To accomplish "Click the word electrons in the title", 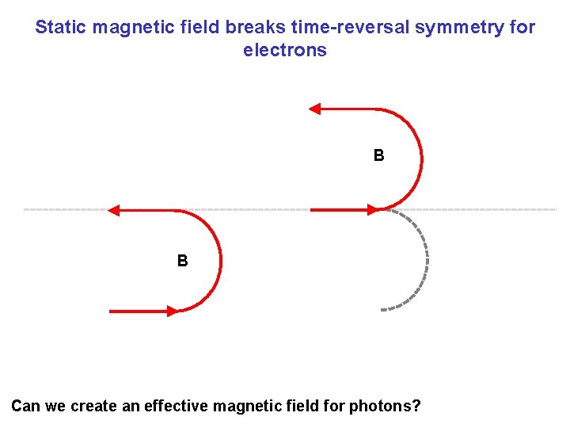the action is pos(285,51).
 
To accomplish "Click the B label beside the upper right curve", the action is pos(379,156).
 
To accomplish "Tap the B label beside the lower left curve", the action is pos(183,261).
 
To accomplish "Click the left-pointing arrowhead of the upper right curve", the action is pos(314,109).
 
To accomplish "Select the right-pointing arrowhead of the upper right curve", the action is pos(372,210).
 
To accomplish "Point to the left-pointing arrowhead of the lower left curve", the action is pos(113,211).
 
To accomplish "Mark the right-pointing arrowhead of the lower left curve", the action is pos(171,311).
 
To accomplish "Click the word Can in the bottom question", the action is pos(25,407).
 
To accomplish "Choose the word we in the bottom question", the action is pos(55,407).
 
